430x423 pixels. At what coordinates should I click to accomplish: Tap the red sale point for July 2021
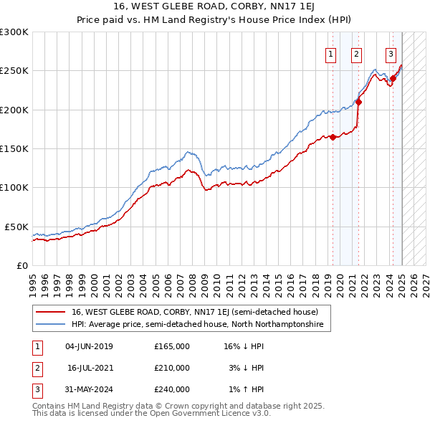tap(358, 102)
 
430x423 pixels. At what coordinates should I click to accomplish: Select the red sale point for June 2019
tap(333, 137)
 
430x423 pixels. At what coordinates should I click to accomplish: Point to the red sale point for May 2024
tap(393, 79)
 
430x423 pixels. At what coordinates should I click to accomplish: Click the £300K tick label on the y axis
tap(14, 32)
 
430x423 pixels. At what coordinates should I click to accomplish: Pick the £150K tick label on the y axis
tap(14, 148)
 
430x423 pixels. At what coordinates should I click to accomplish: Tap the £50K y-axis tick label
tap(16, 227)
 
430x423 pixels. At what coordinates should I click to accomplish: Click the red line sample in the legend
tap(49, 312)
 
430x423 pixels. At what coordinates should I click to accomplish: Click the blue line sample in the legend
tap(49, 325)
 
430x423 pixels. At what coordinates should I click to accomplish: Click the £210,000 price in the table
tap(172, 368)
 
